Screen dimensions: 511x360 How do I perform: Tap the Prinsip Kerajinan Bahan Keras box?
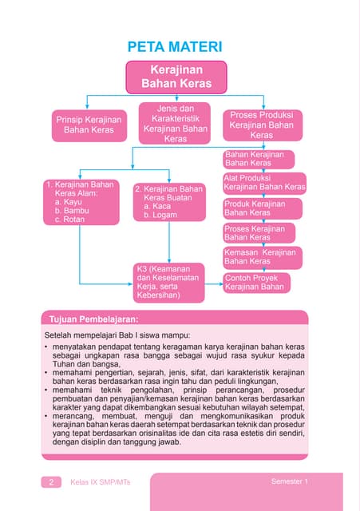coord(88,124)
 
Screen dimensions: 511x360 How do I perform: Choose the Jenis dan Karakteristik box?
coord(175,123)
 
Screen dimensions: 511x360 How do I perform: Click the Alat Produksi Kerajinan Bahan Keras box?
coord(263,182)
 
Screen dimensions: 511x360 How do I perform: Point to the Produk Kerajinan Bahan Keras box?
coord(254,208)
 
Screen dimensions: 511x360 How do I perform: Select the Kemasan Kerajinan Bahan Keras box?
coord(259,257)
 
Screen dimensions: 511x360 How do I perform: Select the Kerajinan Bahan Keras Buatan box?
coord(168,202)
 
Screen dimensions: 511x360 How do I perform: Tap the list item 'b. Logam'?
coord(160,216)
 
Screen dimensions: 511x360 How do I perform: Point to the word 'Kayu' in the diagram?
coord(74,202)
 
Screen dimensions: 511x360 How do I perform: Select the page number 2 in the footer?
coord(50,482)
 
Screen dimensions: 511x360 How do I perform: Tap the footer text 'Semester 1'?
coord(289,481)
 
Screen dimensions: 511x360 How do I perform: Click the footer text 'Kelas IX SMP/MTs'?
coord(101,482)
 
